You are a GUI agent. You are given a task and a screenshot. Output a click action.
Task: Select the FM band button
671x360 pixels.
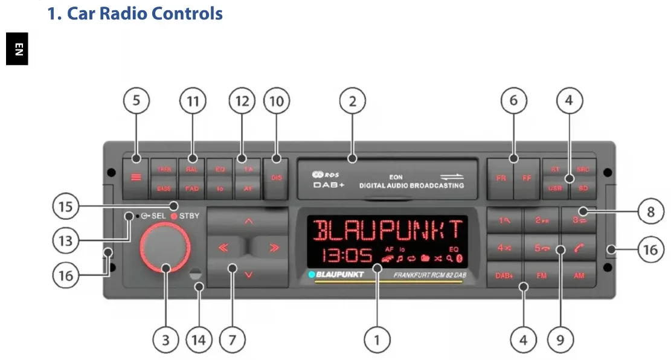click(x=541, y=275)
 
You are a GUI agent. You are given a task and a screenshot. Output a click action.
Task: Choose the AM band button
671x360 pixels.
click(x=578, y=275)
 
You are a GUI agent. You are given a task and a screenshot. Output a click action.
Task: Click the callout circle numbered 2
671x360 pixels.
click(x=353, y=101)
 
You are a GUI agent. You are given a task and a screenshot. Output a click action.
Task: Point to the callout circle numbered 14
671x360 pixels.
click(x=199, y=340)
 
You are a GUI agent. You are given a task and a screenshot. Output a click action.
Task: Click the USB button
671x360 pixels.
click(x=555, y=188)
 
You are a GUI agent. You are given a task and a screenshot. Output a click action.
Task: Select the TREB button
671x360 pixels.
click(x=164, y=170)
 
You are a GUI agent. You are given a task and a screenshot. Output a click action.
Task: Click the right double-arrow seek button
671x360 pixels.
click(x=274, y=248)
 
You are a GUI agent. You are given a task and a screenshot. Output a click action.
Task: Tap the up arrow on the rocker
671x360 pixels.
click(x=248, y=222)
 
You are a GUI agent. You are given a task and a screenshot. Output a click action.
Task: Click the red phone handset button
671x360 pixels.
click(x=578, y=248)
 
